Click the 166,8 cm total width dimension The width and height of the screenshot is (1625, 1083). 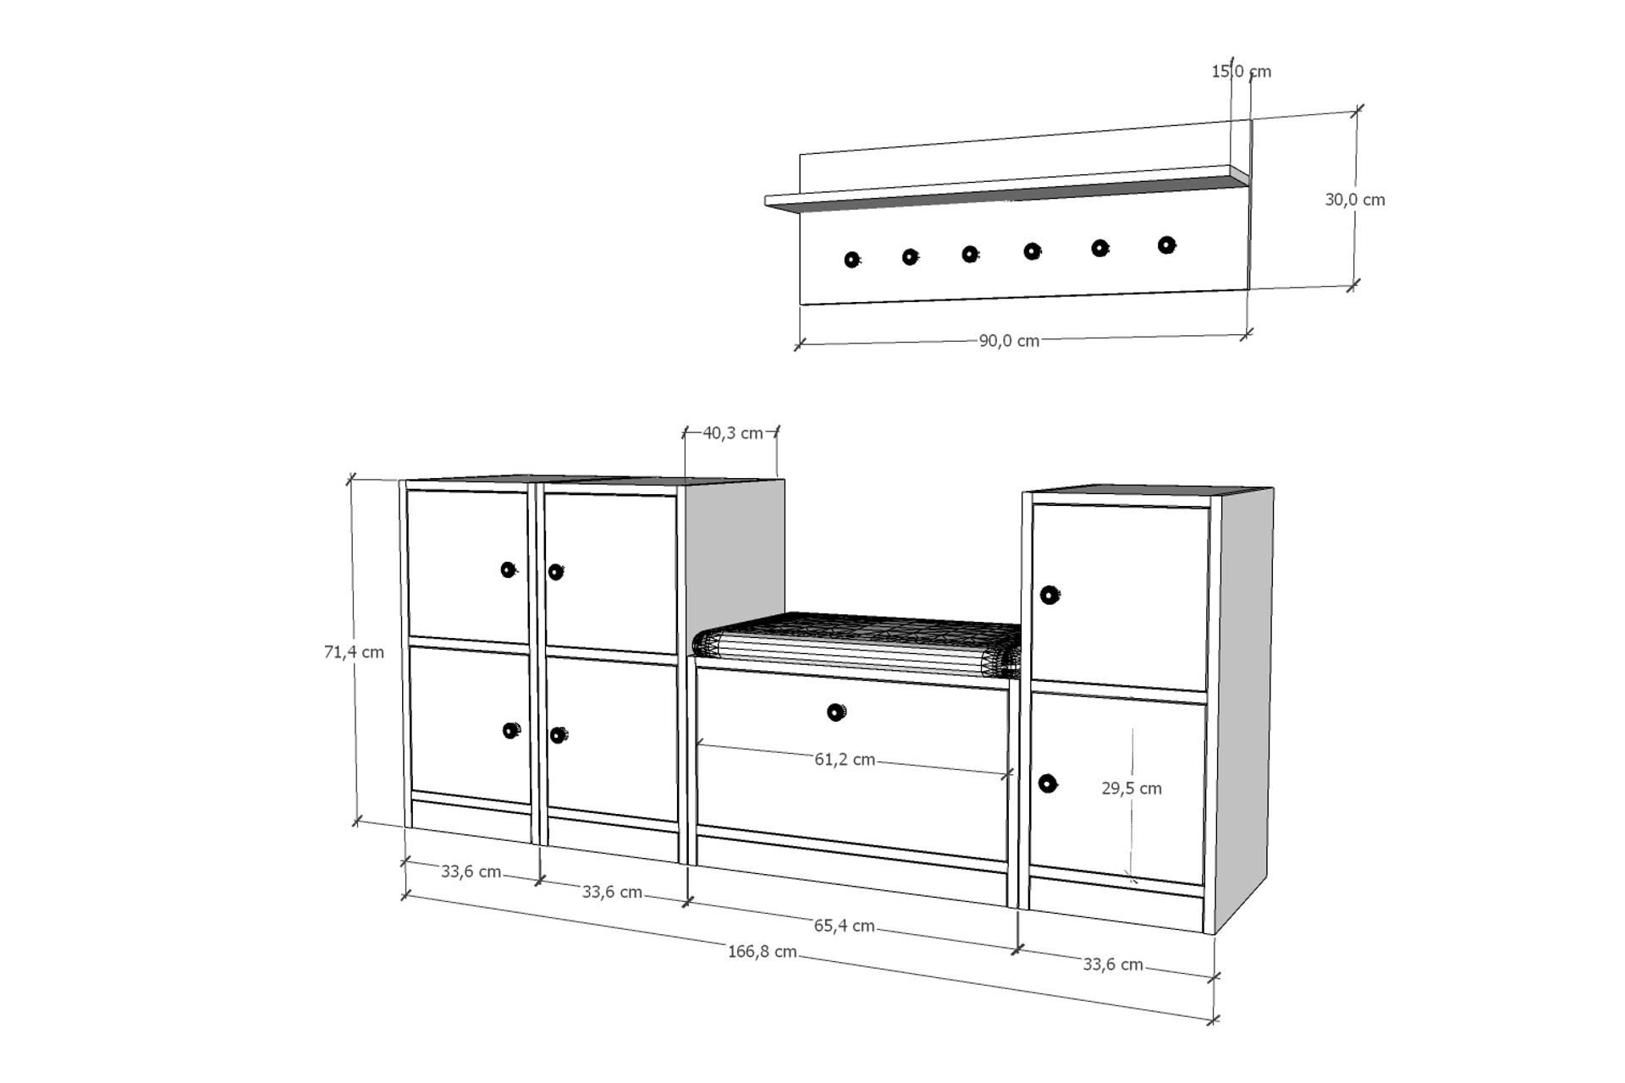click(762, 951)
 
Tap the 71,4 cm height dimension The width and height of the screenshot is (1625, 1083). click(354, 651)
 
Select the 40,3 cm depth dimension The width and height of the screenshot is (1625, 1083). click(733, 432)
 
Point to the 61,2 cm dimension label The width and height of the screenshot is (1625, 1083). click(845, 759)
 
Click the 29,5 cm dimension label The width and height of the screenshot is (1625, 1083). click(1132, 788)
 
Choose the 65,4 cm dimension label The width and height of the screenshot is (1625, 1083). click(844, 926)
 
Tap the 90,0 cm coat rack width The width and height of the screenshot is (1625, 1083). click(1009, 341)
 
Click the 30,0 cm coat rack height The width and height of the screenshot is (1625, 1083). click(1355, 200)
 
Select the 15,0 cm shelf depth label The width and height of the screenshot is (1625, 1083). click(1241, 71)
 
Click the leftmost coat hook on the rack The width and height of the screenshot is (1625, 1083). click(851, 260)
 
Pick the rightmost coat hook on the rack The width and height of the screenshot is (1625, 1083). click(1166, 245)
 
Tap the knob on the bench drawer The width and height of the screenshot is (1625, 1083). click(835, 712)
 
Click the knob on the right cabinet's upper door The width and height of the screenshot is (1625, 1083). click(1049, 595)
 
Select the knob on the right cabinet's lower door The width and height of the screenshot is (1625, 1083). click(1048, 783)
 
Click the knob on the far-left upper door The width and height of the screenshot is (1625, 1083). click(508, 569)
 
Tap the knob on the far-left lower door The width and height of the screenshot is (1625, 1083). click(511, 730)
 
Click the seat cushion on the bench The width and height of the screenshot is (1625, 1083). click(857, 645)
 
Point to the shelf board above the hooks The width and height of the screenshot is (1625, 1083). click(1007, 188)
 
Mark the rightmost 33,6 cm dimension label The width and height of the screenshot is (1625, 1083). click(1113, 965)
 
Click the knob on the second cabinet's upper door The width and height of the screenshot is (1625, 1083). click(555, 572)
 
